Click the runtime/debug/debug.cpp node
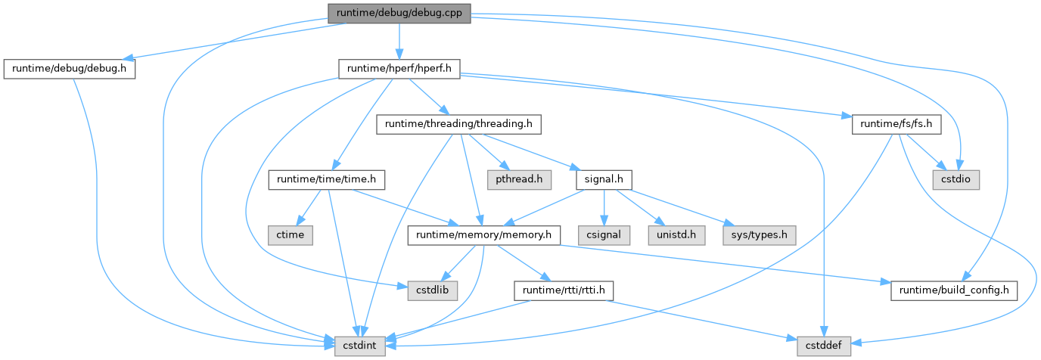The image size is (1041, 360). click(399, 13)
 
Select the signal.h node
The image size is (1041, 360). click(604, 180)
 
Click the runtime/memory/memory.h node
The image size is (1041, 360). click(483, 235)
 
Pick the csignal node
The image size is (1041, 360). click(603, 235)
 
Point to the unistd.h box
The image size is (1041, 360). click(677, 235)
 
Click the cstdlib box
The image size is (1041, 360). click(433, 290)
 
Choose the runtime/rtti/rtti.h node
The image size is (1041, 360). click(563, 290)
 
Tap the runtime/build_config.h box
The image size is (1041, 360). click(954, 290)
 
